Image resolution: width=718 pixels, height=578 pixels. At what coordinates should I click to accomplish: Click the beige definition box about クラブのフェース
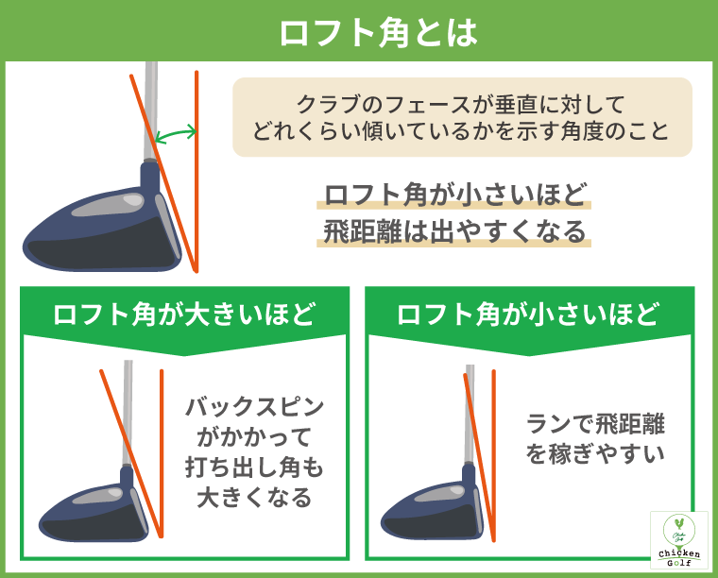462,117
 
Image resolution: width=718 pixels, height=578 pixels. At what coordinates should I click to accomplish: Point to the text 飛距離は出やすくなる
455,232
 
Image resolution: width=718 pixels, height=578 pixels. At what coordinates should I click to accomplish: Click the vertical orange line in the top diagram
196,170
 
